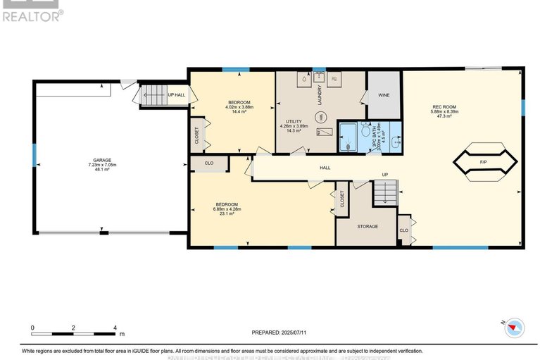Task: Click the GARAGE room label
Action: coord(99,160)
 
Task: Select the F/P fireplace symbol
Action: coord(483,162)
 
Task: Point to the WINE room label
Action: coord(384,94)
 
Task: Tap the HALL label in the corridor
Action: coord(325,168)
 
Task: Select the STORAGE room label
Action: coord(367,226)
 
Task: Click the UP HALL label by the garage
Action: coord(176,95)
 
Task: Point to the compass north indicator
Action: coord(513,325)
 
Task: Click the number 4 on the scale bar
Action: coord(114,328)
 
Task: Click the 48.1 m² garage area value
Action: coord(99,169)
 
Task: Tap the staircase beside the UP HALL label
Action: coord(153,95)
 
